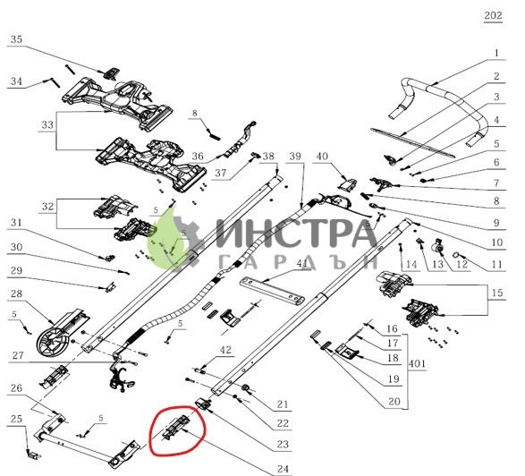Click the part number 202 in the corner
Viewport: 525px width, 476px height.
(493, 15)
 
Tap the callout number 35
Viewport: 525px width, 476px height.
(16, 39)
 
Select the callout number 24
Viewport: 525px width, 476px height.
(283, 469)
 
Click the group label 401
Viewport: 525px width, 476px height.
(417, 363)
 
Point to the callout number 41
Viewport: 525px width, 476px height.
(302, 264)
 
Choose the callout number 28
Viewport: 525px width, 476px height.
(16, 293)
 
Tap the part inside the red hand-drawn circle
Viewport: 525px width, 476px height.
(176, 429)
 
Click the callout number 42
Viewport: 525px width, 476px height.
(225, 350)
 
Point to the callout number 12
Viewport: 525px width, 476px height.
(462, 264)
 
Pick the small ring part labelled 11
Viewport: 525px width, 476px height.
(456, 255)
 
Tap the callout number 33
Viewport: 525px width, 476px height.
(47, 125)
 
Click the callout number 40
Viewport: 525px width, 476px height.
(322, 157)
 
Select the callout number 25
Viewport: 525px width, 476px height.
(16, 419)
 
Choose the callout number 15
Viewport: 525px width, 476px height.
(497, 293)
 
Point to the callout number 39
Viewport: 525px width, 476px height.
(295, 156)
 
